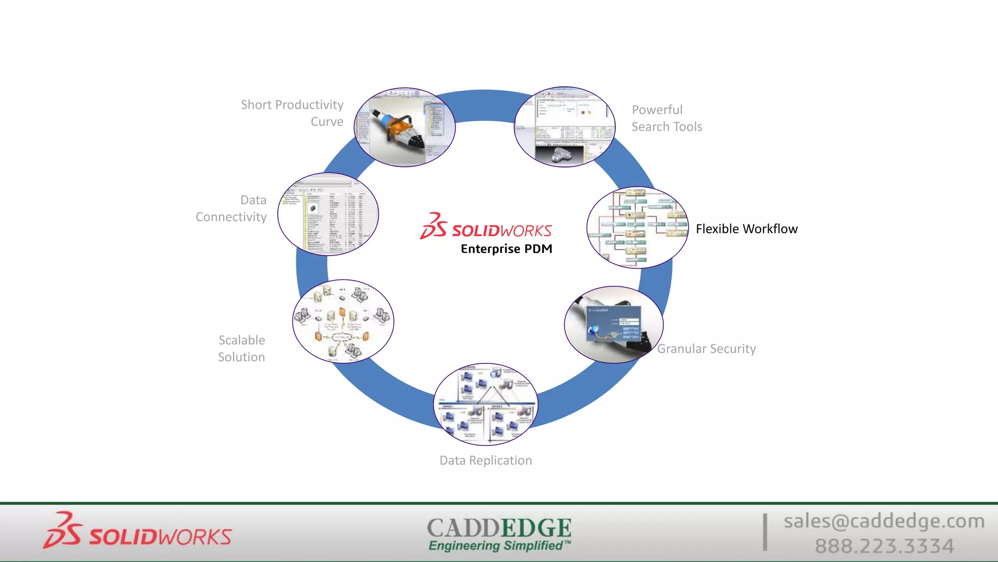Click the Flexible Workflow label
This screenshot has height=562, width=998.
pos(746,229)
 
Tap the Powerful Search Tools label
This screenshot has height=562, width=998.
pos(666,118)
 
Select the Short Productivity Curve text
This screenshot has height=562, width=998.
pos(292,113)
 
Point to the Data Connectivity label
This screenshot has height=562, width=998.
pos(232,208)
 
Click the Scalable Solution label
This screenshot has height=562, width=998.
pos(242,348)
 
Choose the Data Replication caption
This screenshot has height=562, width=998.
pos(485,461)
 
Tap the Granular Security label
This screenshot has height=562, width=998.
pos(706,349)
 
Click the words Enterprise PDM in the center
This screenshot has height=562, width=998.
pos(506,249)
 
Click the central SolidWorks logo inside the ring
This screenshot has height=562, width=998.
pos(486,228)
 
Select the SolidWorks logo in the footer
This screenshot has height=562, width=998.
pos(137,532)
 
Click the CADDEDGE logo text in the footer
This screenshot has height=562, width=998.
pos(499,528)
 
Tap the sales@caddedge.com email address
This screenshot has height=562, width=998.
pos(883,521)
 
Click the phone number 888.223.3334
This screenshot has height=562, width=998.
pos(884,546)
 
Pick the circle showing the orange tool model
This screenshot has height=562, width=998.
pos(404,127)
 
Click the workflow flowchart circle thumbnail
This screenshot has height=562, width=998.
pos(637,228)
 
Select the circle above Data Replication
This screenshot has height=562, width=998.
pos(485,404)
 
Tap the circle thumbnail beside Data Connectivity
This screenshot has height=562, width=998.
pos(328,214)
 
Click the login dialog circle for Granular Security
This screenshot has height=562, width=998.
pos(614,324)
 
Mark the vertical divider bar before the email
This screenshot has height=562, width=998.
pos(765,532)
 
